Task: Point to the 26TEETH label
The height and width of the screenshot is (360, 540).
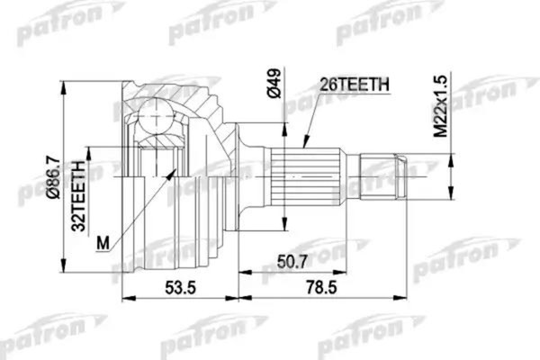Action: pyautogui.click(x=353, y=86)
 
